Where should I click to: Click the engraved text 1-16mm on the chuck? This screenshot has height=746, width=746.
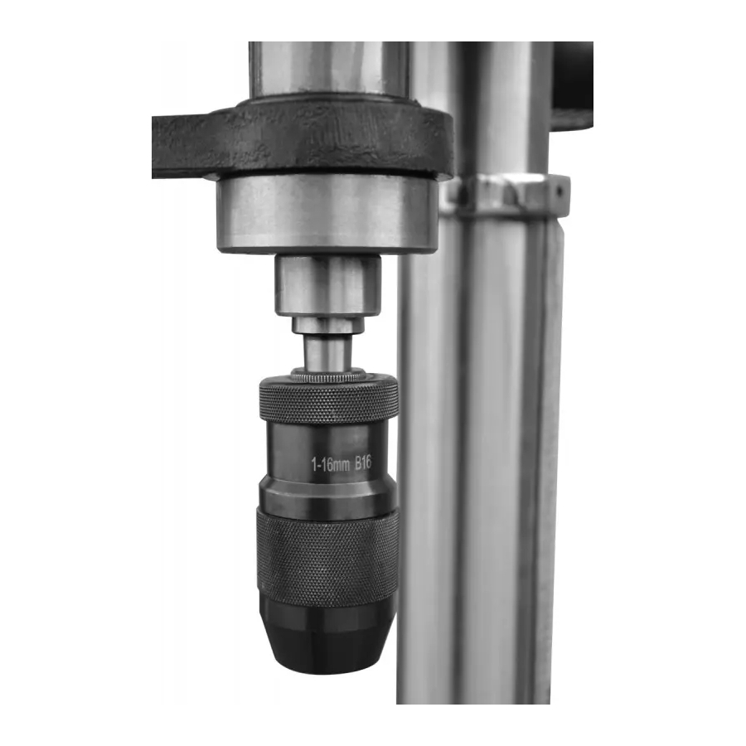point(330,464)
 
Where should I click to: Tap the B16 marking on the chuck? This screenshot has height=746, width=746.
point(363,463)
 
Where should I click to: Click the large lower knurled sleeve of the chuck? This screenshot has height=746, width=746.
point(327,557)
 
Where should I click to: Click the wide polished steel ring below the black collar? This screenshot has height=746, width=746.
point(327,213)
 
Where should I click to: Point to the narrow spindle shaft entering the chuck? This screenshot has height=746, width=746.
point(327,352)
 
